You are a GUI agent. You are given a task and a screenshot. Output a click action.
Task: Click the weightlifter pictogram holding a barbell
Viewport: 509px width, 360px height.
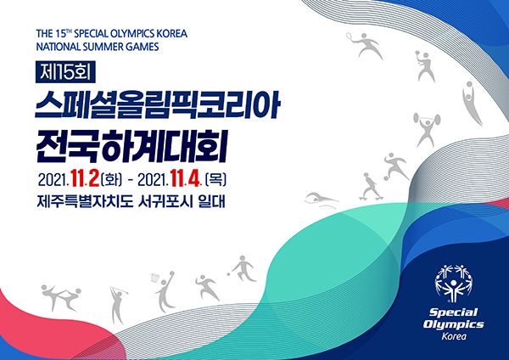coord(427,129)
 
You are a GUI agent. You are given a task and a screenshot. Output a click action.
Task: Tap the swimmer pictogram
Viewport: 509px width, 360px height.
coord(321,200)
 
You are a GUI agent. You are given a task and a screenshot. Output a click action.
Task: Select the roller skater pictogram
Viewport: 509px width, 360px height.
coord(371,187)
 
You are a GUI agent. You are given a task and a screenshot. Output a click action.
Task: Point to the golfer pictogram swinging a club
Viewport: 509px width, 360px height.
coord(118,306)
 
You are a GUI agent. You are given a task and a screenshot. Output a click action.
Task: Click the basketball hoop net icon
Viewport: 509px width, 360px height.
coord(155,278)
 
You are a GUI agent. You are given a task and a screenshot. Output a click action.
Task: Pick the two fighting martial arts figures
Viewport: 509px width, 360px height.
coord(61,297)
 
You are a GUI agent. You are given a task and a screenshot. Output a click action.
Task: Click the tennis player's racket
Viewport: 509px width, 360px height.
coord(349,36)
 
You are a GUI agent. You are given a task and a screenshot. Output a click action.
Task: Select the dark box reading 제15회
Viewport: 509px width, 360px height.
coord(65,71)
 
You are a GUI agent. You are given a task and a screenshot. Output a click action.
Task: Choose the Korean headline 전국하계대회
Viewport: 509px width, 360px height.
coord(132,146)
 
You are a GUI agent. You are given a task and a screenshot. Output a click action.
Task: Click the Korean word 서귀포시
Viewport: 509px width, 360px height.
coord(165,202)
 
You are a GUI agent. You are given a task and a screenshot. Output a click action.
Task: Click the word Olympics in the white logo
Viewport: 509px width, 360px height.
coord(454,324)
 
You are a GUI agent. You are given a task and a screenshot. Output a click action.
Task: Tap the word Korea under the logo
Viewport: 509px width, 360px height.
coord(454,336)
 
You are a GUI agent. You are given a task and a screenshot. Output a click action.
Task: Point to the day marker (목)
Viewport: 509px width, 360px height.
coord(215,179)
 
